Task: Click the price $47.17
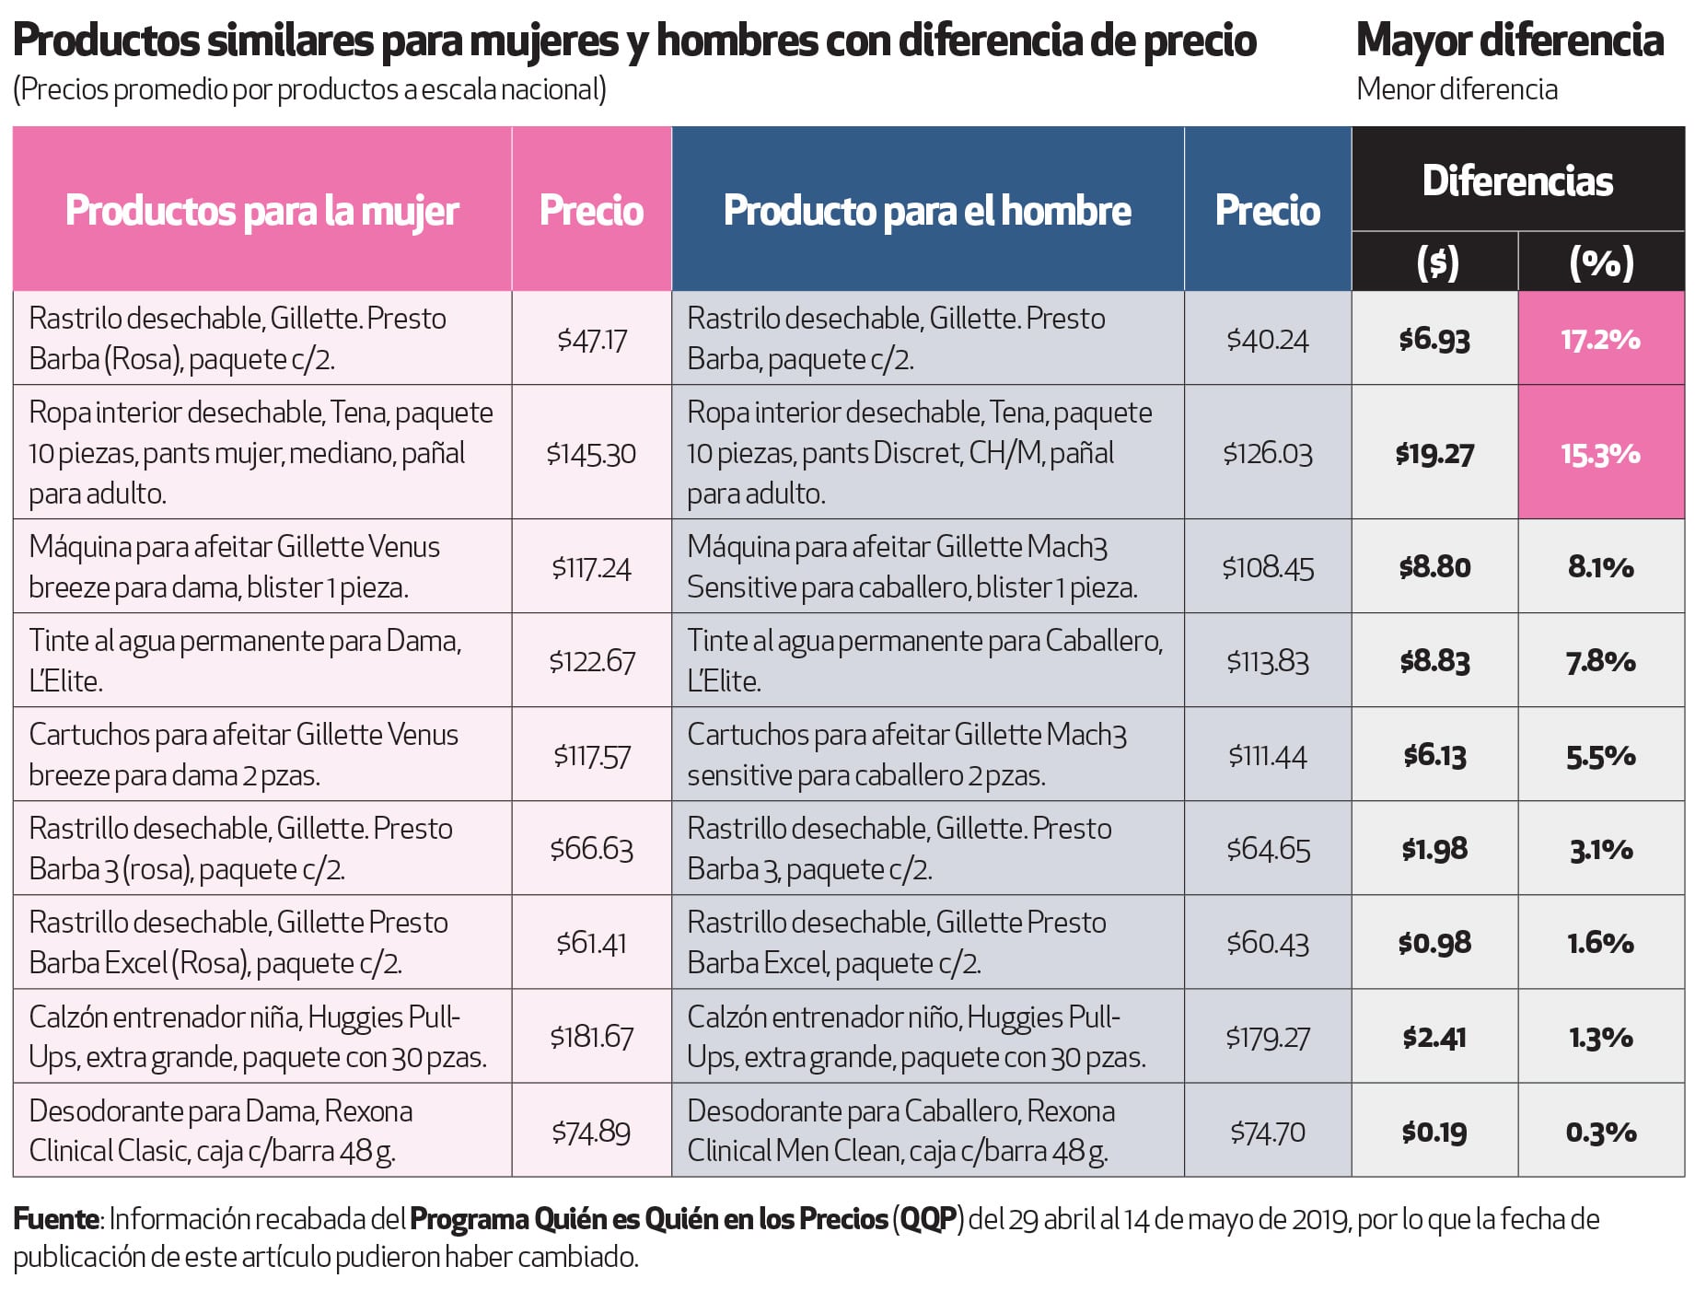click(x=591, y=340)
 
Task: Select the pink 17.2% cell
click(x=1600, y=339)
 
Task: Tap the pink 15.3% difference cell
click(x=1600, y=453)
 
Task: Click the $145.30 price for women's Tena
click(x=591, y=453)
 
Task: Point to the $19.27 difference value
click(x=1434, y=453)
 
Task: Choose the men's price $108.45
click(x=1267, y=567)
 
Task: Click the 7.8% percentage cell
click(x=1600, y=661)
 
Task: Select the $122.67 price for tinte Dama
click(x=591, y=661)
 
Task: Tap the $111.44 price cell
click(x=1267, y=756)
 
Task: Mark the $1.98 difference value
click(x=1434, y=849)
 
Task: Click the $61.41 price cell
click(x=591, y=943)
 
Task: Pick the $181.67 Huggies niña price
click(x=591, y=1037)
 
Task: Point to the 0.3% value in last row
click(x=1600, y=1132)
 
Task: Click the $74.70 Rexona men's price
click(x=1267, y=1132)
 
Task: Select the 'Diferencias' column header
click(x=1517, y=180)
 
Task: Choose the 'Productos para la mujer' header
click(x=262, y=211)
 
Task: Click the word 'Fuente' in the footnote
click(x=55, y=1219)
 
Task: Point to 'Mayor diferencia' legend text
click(x=1509, y=41)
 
